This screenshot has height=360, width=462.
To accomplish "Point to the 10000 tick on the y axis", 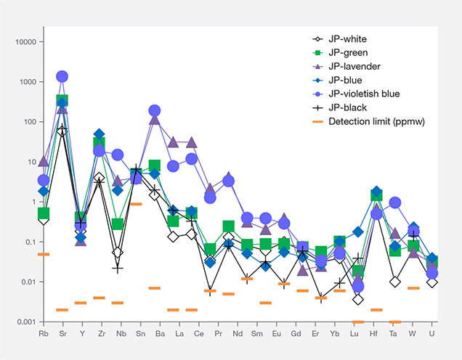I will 26,42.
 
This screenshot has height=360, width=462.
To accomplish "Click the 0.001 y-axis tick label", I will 26,322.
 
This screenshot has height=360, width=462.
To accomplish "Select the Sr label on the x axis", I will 62,335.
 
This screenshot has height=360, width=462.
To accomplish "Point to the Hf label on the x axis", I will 376,335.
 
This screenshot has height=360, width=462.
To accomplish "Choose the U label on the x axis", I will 432,335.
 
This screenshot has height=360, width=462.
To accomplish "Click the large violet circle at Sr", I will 62,77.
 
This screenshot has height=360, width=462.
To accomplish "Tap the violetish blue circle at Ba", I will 155,111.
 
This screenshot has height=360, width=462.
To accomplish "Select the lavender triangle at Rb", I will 44,161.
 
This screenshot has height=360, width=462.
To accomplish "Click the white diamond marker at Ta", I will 394,282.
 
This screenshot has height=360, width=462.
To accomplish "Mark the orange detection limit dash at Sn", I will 136,204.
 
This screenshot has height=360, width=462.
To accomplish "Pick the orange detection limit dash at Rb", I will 44,254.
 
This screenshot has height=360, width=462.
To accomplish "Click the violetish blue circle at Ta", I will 394,203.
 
